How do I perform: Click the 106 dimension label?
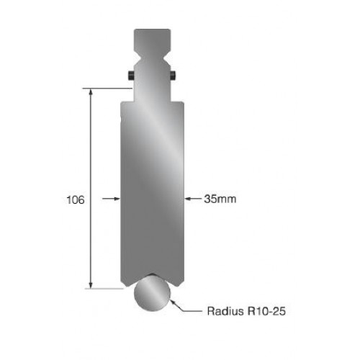click(76, 199)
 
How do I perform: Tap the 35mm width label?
click(220, 199)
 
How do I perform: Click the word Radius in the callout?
click(225, 311)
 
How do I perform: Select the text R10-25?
click(266, 311)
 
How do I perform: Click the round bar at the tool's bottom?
click(152, 293)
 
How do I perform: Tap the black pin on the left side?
click(131, 76)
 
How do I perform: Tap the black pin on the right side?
click(174, 76)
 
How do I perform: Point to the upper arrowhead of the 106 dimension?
click(91, 92)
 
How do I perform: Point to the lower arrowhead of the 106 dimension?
click(91, 284)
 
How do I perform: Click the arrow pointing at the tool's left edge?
click(111, 199)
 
